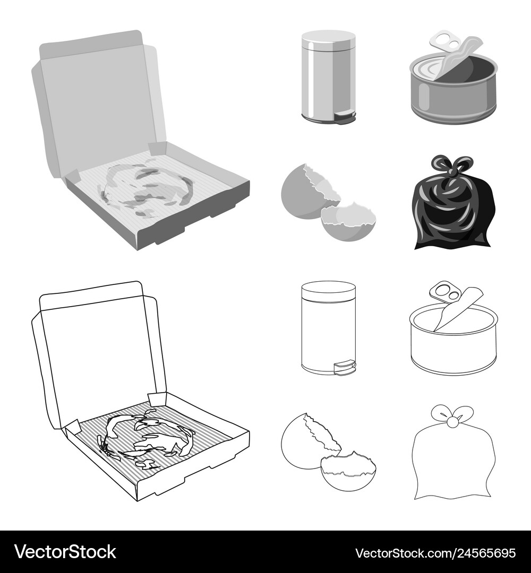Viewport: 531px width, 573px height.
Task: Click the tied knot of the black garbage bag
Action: point(445,168)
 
